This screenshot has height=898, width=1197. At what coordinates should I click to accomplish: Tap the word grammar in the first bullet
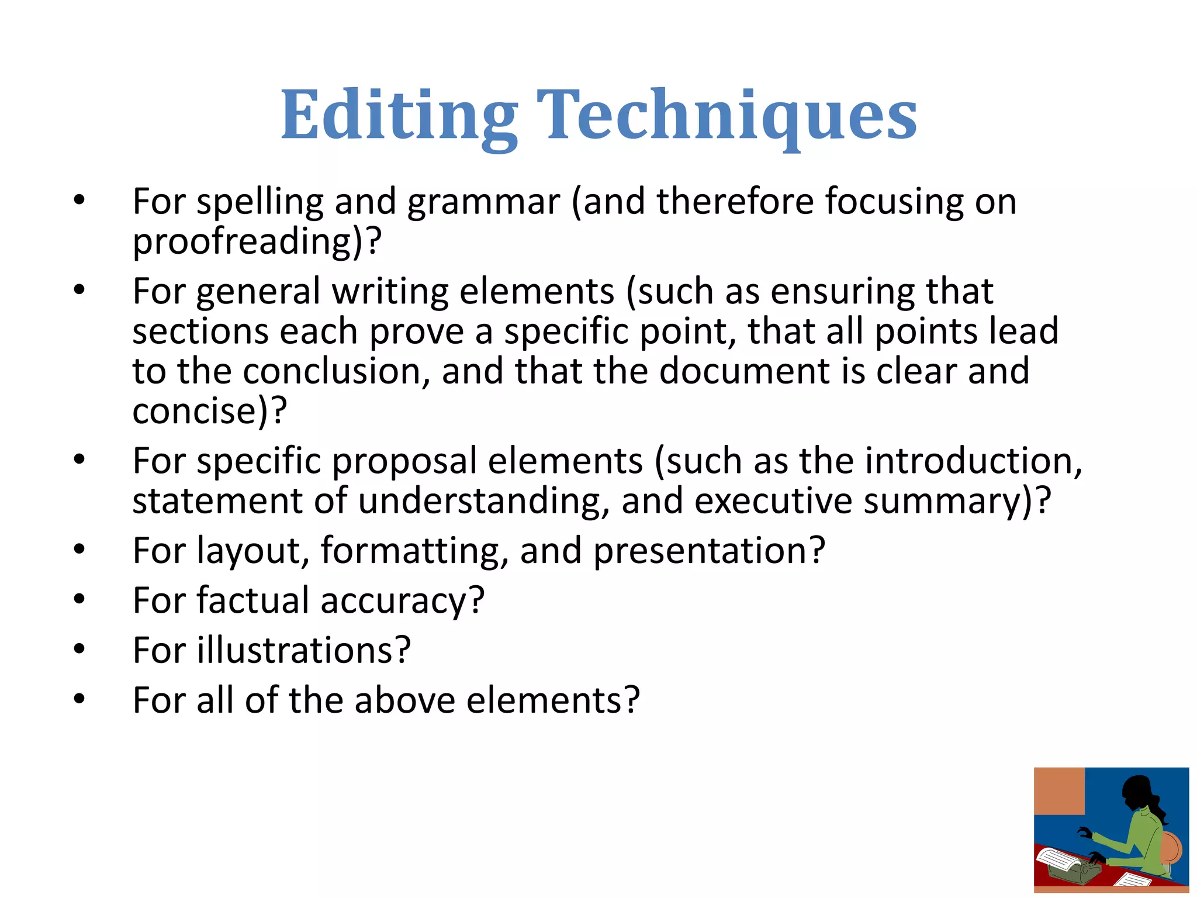(483, 202)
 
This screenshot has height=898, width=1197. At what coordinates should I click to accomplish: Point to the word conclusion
(332, 371)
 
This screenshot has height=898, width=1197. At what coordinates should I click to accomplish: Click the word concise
(193, 411)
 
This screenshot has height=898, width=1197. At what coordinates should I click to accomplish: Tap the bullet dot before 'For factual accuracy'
(79, 600)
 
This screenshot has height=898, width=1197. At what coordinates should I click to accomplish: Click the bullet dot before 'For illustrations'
(79, 649)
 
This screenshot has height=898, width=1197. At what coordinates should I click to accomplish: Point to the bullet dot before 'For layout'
(79, 550)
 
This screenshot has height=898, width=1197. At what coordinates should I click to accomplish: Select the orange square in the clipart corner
(1058, 790)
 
